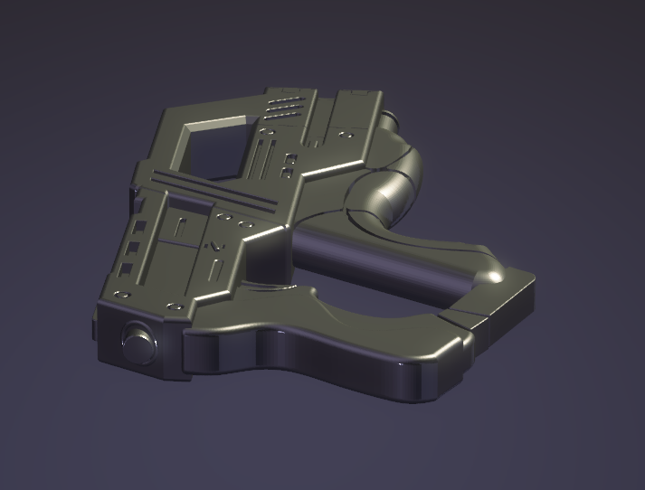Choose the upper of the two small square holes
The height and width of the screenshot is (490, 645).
click(x=290, y=158)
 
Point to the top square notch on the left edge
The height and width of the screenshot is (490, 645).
click(x=140, y=222)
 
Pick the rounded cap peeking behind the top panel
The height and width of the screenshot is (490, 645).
click(x=389, y=118)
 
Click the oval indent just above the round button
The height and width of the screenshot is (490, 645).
click(x=120, y=295)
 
